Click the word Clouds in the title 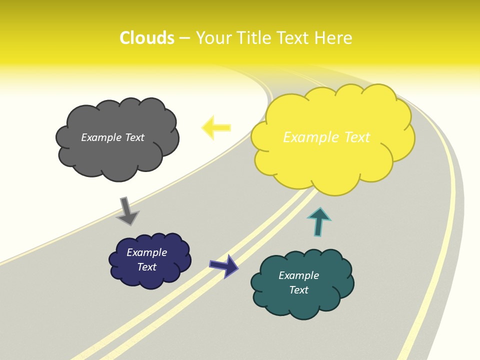[147, 38]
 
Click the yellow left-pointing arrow [216, 127]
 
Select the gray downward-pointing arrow [127, 210]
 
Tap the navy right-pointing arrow [223, 265]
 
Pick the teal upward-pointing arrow [319, 221]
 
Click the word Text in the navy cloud [147, 267]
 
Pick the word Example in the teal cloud [298, 275]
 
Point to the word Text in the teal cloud [298, 290]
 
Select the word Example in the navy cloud [147, 252]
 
